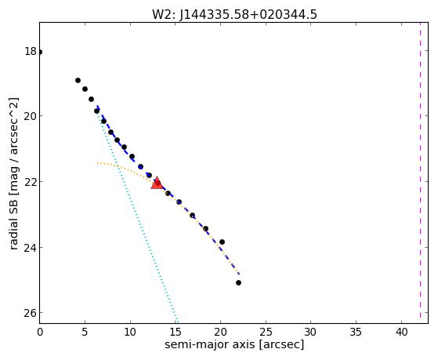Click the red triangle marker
157,183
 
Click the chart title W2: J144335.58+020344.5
234,14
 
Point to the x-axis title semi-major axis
210,344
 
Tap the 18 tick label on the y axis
31,51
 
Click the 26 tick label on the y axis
31,313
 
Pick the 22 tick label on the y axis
31,182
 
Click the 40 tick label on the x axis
402,333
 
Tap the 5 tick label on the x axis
85,333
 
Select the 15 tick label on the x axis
176,333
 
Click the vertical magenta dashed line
420,173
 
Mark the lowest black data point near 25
238,283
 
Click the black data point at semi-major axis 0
40,52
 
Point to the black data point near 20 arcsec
222,242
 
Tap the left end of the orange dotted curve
97,163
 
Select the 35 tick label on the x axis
357,333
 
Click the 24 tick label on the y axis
31,247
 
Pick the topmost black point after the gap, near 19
78,80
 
